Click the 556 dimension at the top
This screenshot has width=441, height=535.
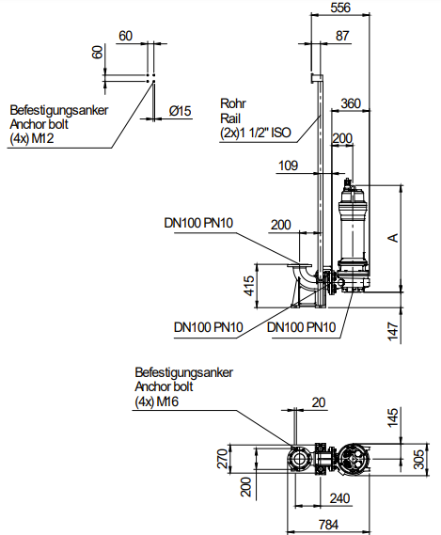pos(340,8)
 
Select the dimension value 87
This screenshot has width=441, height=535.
pos(342,36)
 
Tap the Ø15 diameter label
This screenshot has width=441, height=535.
pos(181,111)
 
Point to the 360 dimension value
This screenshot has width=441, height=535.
pos(351,103)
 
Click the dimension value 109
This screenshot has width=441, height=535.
pos(289,165)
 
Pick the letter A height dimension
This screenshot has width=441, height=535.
pos(394,238)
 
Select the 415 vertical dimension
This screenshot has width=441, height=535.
pos(249,286)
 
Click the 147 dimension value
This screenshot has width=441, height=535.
pos(393,331)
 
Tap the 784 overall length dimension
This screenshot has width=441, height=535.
pos(328,525)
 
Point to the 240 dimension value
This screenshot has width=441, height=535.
pos(340,498)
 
